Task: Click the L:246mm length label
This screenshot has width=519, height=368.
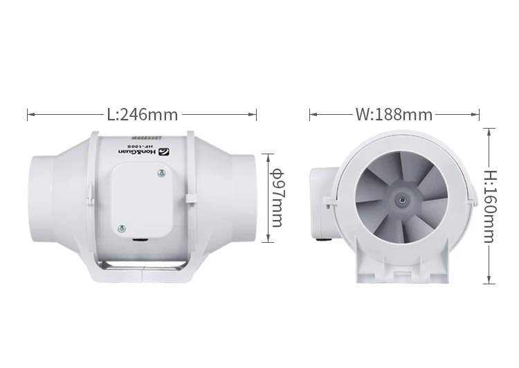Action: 142,114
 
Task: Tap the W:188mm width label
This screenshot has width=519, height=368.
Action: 393,114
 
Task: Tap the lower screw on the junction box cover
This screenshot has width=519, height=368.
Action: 122,228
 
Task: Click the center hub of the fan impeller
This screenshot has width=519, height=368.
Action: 401,198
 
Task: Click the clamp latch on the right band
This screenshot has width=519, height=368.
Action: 188,201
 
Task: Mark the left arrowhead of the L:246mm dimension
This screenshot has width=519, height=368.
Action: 29,114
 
